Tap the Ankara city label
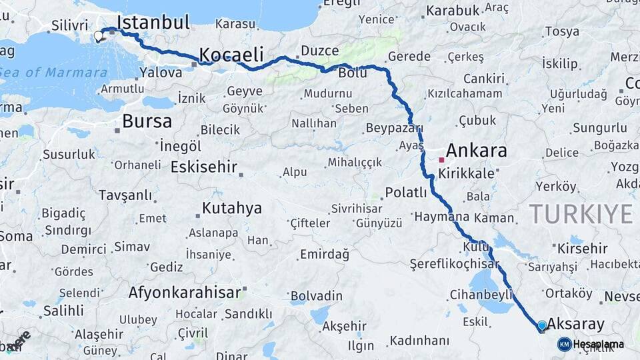tap(476, 151)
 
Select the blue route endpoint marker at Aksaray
tap(542, 325)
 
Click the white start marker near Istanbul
tap(99, 36)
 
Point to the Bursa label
tap(147, 122)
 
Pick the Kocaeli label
tap(231, 55)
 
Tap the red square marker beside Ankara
tap(441, 160)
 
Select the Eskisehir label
tap(204, 167)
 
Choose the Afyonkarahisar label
tap(184, 292)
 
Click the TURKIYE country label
tap(581, 215)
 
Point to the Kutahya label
tap(231, 209)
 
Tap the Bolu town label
tap(353, 73)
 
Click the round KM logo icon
tap(565, 344)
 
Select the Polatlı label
tap(406, 193)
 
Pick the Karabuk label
tap(453, 11)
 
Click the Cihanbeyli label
tap(481, 294)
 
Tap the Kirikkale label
tap(467, 173)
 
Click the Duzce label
tap(319, 51)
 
